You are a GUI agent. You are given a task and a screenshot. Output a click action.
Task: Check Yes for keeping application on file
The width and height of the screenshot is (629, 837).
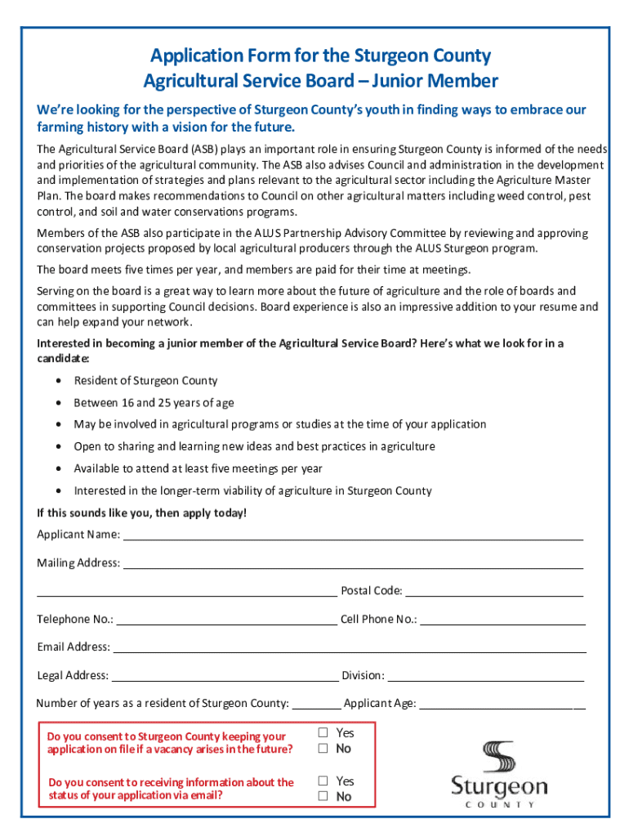click(323, 733)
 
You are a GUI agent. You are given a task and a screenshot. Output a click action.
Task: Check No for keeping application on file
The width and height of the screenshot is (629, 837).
click(323, 749)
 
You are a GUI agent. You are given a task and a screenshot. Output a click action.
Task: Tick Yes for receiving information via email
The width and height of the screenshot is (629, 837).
click(323, 781)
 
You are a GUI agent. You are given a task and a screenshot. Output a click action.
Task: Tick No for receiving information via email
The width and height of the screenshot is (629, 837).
click(323, 797)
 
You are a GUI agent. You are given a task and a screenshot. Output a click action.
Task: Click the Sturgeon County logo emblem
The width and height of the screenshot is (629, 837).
click(499, 757)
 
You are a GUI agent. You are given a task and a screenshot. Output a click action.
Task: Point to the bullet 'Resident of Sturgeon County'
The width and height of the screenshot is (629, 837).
click(145, 381)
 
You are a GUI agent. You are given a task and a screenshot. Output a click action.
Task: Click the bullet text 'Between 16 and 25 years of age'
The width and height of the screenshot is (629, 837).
click(154, 403)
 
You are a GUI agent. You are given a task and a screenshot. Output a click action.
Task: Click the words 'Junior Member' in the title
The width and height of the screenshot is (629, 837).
click(435, 81)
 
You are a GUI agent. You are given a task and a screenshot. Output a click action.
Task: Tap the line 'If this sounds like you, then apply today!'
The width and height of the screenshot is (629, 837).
click(141, 513)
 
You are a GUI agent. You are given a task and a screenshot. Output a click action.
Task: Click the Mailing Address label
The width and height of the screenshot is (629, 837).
click(78, 563)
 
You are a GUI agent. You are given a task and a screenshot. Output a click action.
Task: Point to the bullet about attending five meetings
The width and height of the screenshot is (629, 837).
click(198, 469)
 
